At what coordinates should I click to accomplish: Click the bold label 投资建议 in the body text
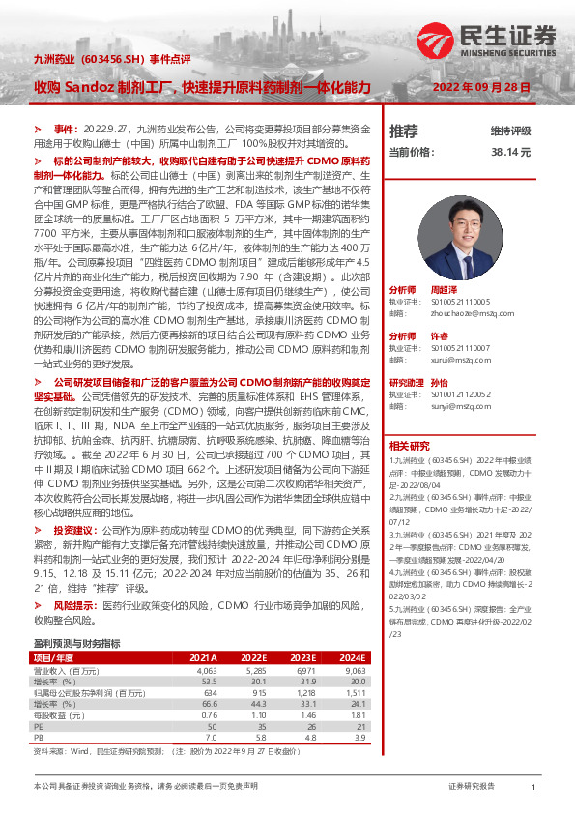74,531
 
